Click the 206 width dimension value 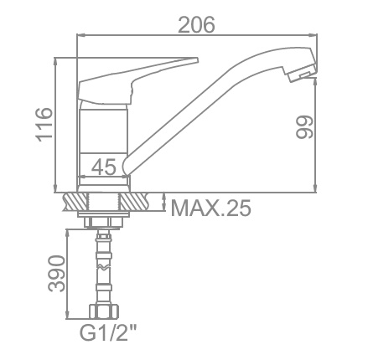(x=196, y=24)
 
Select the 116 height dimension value (x=44, y=124)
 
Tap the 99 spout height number (x=304, y=126)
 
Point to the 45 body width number (x=104, y=167)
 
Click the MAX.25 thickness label (x=211, y=208)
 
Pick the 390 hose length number (x=56, y=274)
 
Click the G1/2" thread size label (x=108, y=332)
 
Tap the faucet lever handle (x=137, y=81)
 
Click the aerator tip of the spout (x=303, y=73)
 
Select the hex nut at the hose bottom (x=104, y=311)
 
